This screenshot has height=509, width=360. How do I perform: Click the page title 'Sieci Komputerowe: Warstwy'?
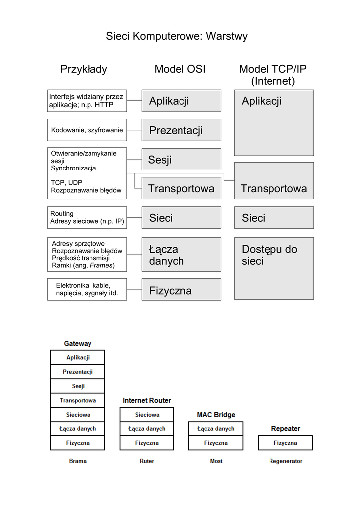point(177,36)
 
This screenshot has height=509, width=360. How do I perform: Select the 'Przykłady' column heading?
point(84,69)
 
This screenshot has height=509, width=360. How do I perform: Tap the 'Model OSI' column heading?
point(180,69)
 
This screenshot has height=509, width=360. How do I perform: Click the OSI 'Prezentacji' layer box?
point(181,130)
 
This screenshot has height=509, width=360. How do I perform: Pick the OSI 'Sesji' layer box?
point(181,160)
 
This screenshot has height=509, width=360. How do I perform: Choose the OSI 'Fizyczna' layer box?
point(181,290)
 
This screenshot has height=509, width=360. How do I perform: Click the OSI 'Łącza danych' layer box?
point(181,254)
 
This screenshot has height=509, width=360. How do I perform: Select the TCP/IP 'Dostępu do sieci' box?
point(273,268)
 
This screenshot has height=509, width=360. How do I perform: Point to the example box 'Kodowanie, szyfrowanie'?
point(87,130)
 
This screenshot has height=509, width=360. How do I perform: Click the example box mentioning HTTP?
point(87,101)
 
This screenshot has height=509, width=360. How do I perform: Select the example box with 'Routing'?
point(87,217)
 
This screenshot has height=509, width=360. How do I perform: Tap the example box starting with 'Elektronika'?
point(87,290)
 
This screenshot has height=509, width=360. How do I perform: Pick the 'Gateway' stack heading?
point(78,344)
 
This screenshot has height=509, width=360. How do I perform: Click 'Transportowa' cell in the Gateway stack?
point(78,400)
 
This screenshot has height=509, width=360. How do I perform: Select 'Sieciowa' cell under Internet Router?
point(147,415)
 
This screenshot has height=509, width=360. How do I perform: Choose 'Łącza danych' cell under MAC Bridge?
point(216,428)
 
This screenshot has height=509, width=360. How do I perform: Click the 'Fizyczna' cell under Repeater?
point(285,443)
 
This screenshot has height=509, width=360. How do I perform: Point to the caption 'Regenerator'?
point(285,461)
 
